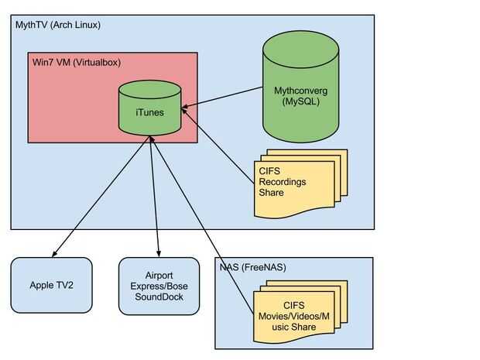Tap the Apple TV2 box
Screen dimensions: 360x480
pos(52,285)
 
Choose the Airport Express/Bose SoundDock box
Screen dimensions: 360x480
pos(159,286)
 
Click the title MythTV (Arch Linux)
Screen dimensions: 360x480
pos(58,25)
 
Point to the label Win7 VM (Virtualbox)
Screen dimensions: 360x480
pos(77,62)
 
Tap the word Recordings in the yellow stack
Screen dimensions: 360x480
pos(283,182)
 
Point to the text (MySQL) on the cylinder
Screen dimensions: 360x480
pos(300,102)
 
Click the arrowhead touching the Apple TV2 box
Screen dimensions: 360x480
pos(53,254)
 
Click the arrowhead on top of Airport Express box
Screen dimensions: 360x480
pos(159,254)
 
